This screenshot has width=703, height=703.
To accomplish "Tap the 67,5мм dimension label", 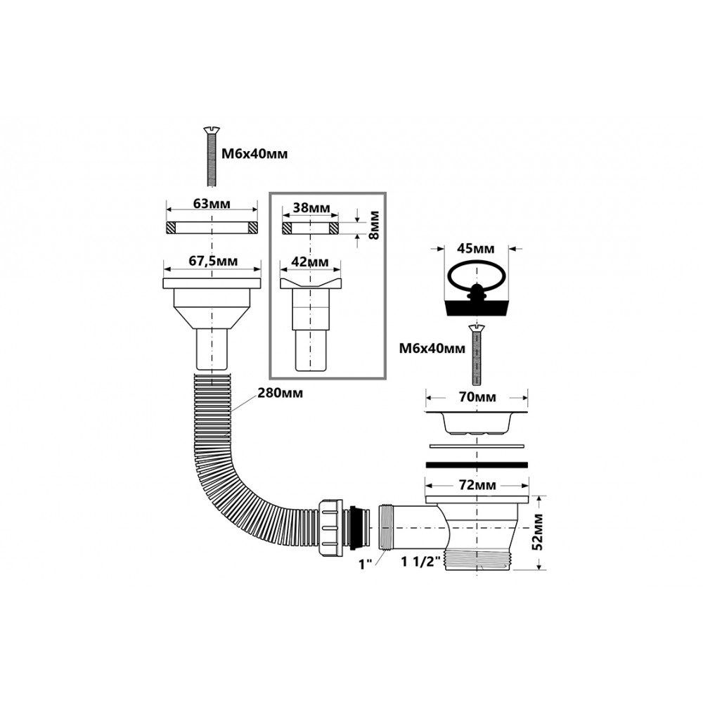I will pyautogui.click(x=212, y=262).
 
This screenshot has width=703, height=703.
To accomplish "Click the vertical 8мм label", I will pyautogui.click(x=373, y=224).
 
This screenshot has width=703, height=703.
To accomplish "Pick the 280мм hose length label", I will pyautogui.click(x=280, y=393).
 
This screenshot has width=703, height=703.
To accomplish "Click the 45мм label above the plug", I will pyautogui.click(x=475, y=249).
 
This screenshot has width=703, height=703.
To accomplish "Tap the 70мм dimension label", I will pyautogui.click(x=476, y=398).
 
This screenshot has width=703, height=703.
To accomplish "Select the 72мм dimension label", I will pyautogui.click(x=476, y=485).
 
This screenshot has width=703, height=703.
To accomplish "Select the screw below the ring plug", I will pyautogui.click(x=476, y=356).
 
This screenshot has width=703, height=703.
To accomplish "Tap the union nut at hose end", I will pyautogui.click(x=330, y=527).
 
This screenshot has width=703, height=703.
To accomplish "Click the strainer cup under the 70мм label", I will pyautogui.click(x=476, y=423).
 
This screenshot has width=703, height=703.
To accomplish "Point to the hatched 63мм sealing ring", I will pyautogui.click(x=212, y=228).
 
